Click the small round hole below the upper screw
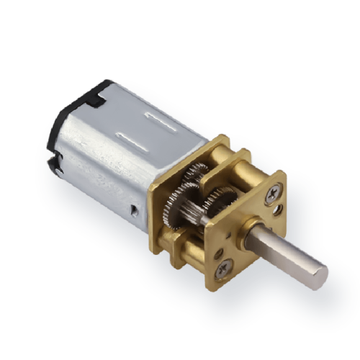click(x=278, y=212)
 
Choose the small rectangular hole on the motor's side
click(x=135, y=210)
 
